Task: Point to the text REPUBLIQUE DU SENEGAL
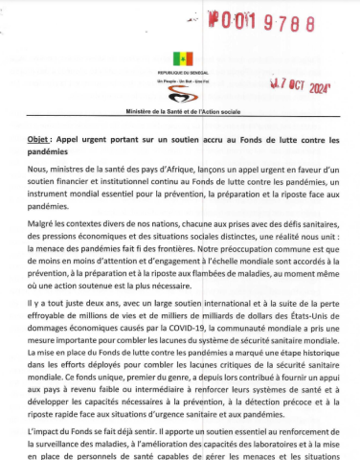tap(179, 73)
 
